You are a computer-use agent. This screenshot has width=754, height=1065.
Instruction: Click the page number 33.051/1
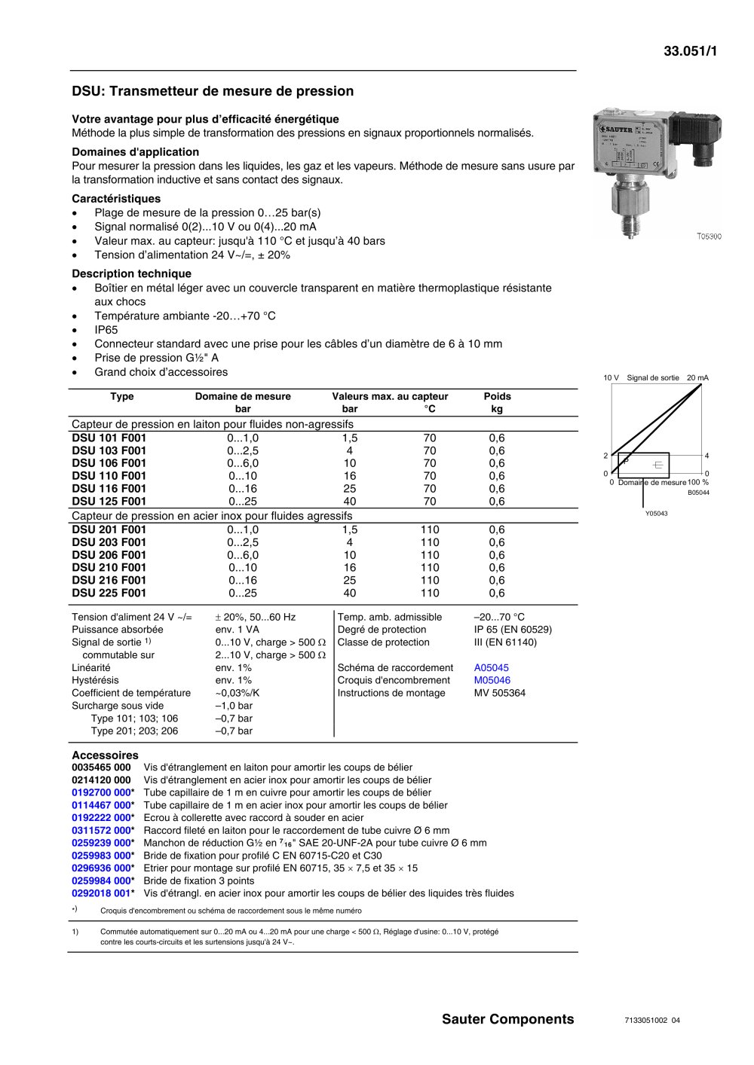point(690,51)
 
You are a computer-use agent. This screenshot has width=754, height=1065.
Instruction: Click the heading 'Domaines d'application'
point(136,152)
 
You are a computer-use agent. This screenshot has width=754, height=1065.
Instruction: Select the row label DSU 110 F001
point(109,476)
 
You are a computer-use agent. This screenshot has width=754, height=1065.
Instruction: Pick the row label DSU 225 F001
point(109,594)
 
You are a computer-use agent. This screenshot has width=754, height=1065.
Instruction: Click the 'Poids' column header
point(497,396)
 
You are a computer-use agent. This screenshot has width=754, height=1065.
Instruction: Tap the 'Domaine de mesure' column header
point(243,396)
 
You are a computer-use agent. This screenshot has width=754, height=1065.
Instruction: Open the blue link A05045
point(492,668)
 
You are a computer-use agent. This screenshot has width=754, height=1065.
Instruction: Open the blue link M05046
point(492,681)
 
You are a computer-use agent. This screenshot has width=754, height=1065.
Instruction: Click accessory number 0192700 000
point(102,793)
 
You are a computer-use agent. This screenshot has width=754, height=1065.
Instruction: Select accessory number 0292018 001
point(102,894)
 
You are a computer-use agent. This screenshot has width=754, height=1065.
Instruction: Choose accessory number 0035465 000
point(101,767)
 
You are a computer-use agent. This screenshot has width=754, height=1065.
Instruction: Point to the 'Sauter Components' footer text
point(507,1020)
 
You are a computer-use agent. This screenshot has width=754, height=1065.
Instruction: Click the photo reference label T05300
point(709,236)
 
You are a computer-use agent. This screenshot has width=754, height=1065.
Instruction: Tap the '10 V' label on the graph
point(611,378)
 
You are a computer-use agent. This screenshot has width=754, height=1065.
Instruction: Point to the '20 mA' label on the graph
point(697,378)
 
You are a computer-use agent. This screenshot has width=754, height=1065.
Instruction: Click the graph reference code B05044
point(698,493)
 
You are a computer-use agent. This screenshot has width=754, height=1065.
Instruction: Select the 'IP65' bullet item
point(106,330)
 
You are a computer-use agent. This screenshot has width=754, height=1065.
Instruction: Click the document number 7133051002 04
point(652,1021)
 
